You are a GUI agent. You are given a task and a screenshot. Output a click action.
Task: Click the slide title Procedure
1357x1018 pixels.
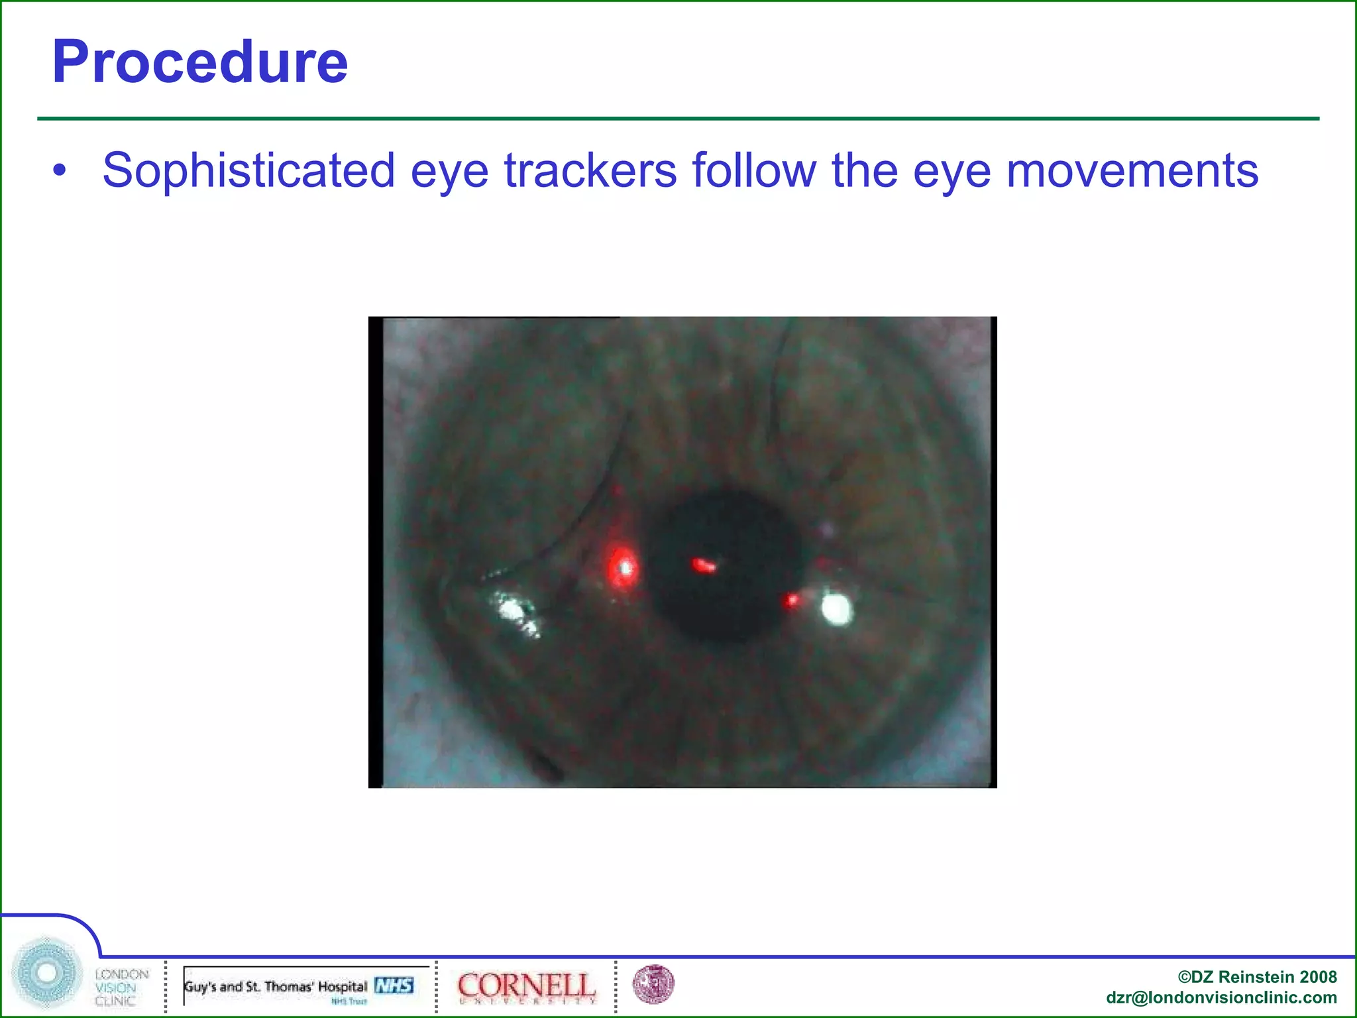point(199,62)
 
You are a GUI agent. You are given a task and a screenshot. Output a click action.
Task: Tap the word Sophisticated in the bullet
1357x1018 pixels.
point(248,171)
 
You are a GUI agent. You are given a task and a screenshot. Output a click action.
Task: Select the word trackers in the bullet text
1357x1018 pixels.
point(590,171)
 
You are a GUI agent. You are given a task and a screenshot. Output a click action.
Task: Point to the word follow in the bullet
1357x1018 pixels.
point(754,171)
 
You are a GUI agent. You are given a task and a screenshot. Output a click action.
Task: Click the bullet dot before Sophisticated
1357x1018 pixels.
point(60,171)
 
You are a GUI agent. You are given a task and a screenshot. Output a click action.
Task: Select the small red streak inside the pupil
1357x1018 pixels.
point(704,565)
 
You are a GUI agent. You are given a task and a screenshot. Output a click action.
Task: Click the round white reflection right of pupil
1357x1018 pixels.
point(836,608)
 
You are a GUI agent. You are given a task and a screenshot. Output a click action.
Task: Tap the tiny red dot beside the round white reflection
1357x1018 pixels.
point(791,601)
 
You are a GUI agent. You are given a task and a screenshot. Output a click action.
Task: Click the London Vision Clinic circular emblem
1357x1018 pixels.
point(46,973)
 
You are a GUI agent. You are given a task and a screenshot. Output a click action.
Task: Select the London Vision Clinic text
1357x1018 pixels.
point(121,988)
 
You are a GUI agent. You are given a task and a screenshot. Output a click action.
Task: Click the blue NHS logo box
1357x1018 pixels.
point(394,986)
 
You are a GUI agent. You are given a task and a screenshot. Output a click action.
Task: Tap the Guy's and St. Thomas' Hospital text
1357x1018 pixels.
point(275,986)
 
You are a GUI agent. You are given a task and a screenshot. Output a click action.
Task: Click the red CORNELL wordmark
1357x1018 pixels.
point(526,986)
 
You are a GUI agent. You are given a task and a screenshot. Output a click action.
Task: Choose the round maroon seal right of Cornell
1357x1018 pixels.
point(653,984)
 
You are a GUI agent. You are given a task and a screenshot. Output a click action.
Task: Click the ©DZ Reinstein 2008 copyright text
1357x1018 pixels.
point(1257,977)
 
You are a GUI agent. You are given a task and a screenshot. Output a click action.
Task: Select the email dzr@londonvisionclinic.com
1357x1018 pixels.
point(1221,997)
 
